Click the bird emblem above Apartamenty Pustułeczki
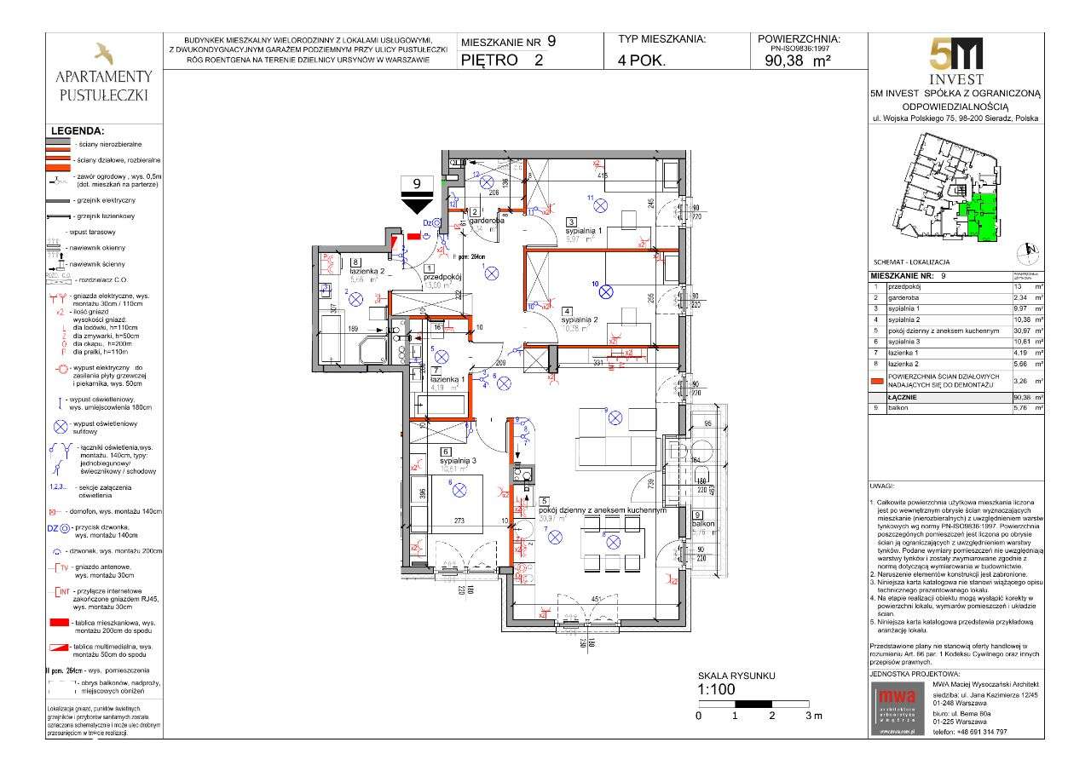click(x=103, y=54)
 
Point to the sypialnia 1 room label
click(x=584, y=231)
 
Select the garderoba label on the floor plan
click(x=487, y=220)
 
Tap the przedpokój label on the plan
click(x=442, y=277)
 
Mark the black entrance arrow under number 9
click(x=417, y=204)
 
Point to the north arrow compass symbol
click(x=1027, y=250)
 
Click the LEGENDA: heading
click(x=78, y=131)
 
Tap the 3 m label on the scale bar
click(x=814, y=716)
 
